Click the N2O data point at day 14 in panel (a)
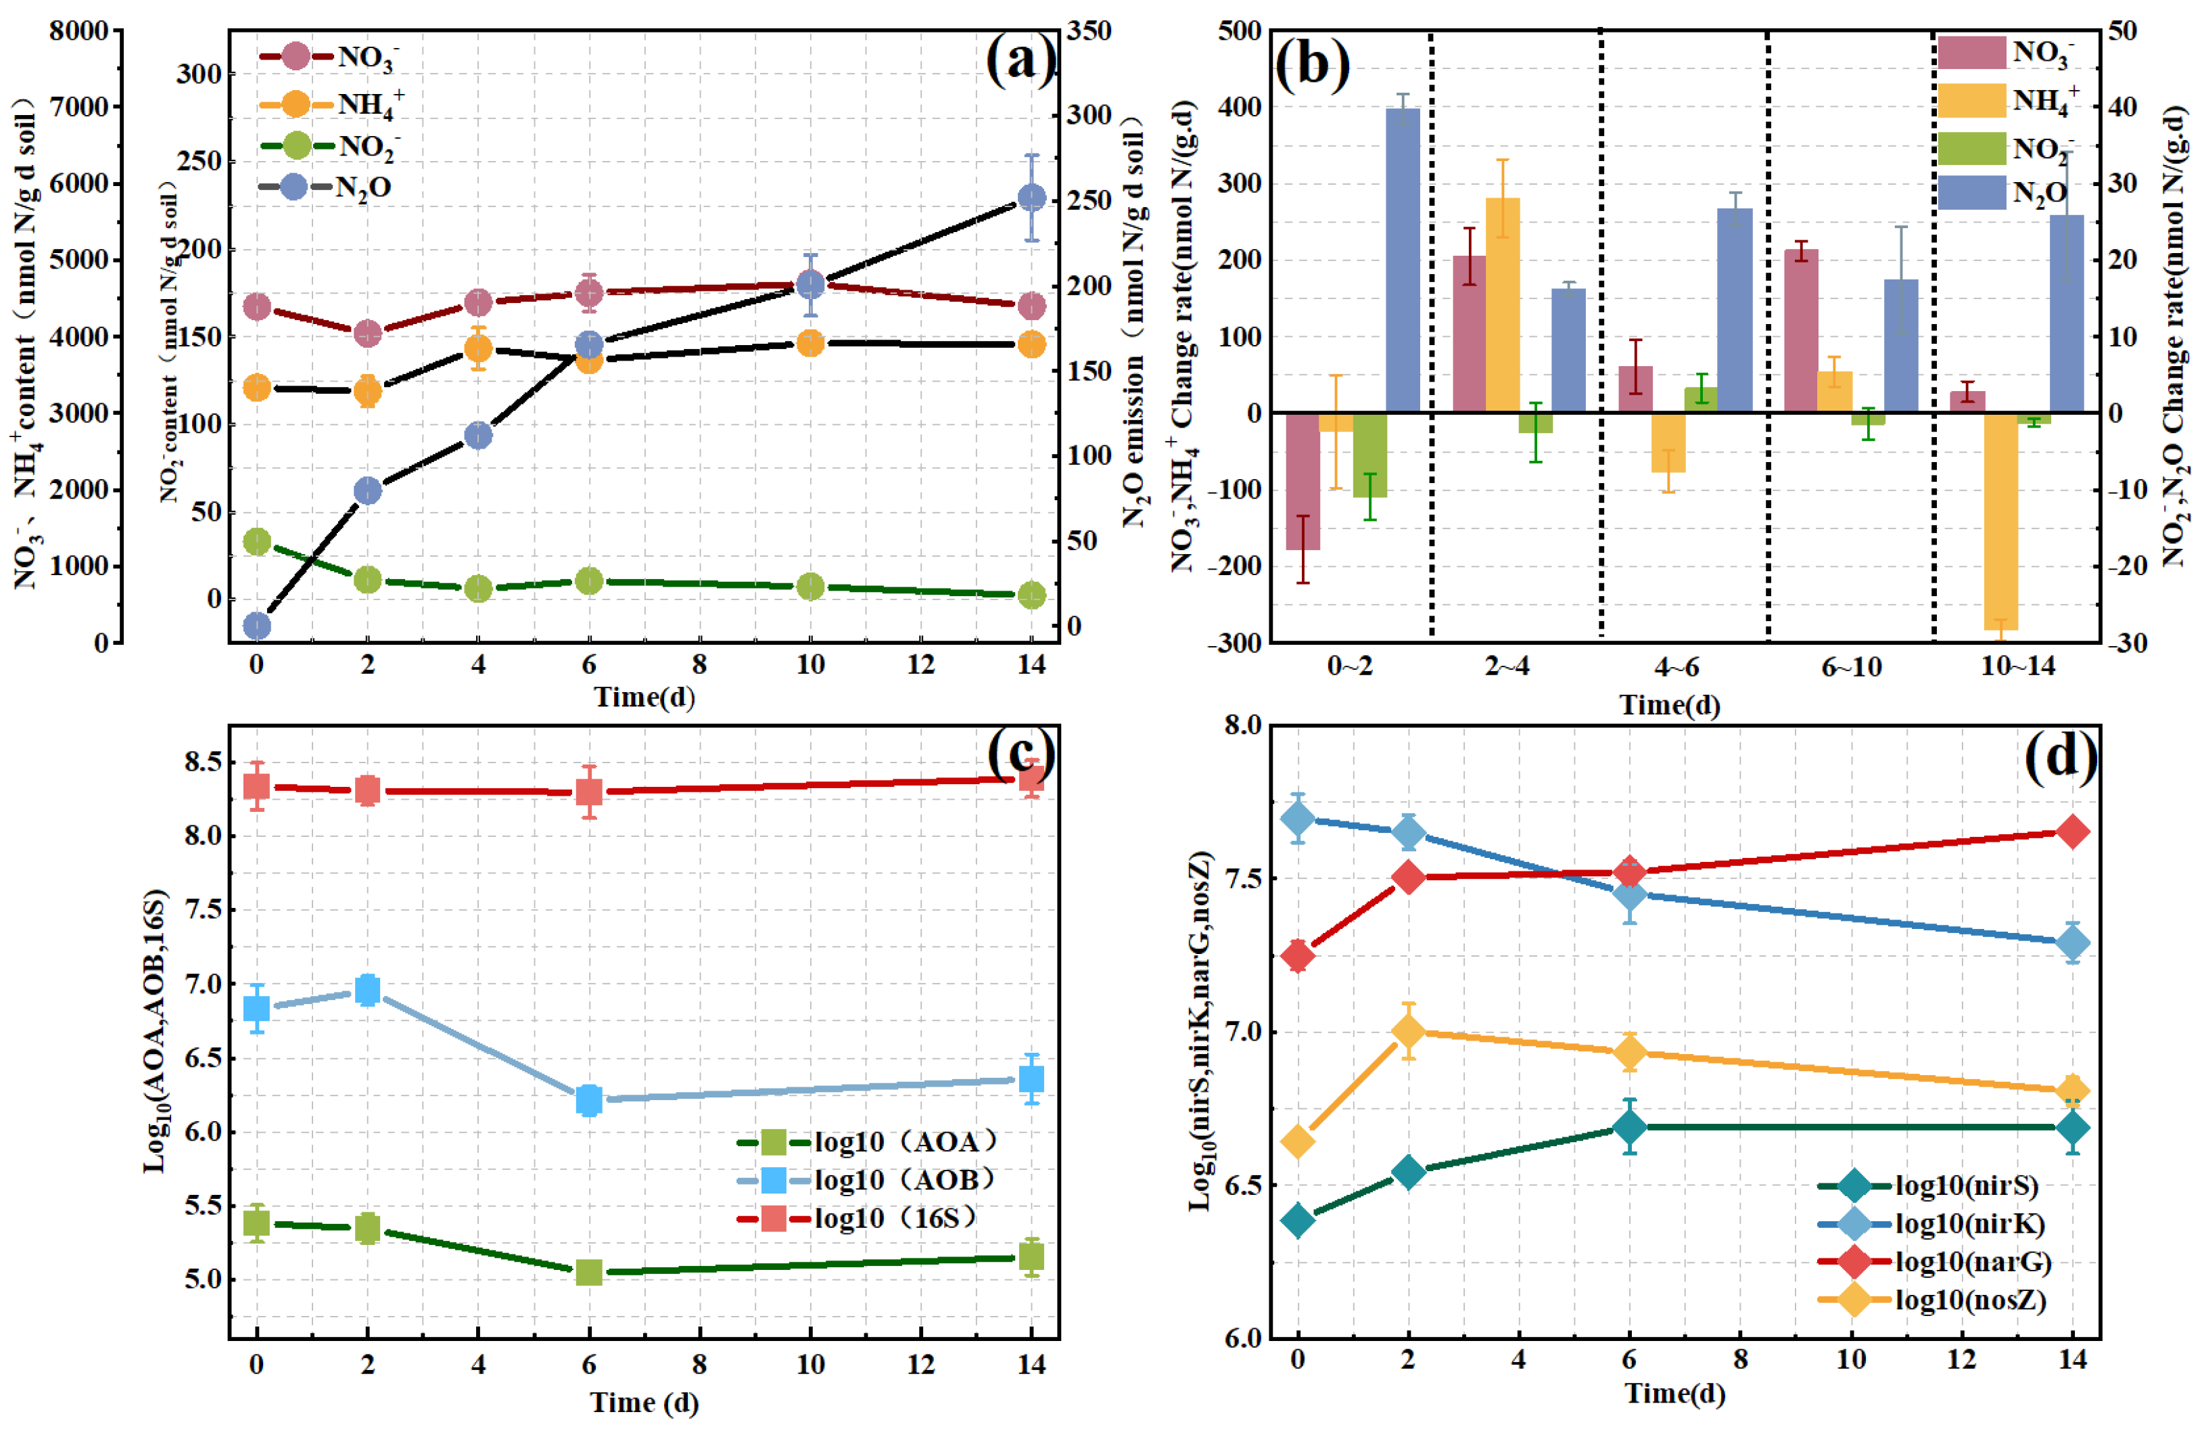[x=1031, y=198]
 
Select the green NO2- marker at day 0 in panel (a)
[x=256, y=541]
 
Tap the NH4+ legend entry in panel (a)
[x=331, y=103]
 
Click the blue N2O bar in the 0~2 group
[x=1403, y=260]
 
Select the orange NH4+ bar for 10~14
[x=2001, y=522]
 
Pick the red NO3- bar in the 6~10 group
[x=1801, y=331]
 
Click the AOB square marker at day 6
[x=589, y=1100]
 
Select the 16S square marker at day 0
[x=256, y=786]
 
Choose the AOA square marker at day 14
[x=1031, y=1257]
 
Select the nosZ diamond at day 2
[x=1407, y=1031]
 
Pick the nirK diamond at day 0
[x=1297, y=819]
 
